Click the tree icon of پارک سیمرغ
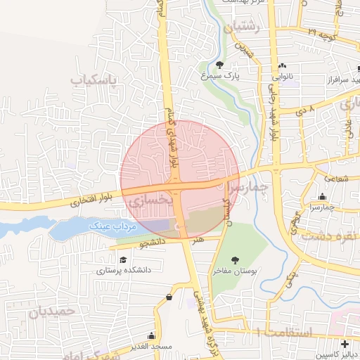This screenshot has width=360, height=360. coord(220,65)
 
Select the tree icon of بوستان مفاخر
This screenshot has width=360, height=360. coord(234,260)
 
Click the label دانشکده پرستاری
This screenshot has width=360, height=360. coord(124,269)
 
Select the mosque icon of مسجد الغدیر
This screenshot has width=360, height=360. coord(151,336)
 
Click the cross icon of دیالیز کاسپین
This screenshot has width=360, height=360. coord(345,345)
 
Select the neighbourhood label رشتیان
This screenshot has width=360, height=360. coord(242,27)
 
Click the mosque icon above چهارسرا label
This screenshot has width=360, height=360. coord(323,197)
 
